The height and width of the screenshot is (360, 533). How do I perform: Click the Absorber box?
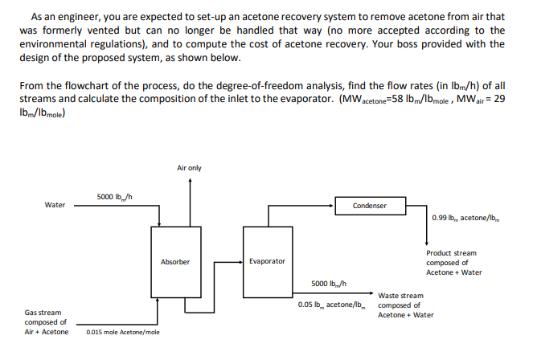[174, 262]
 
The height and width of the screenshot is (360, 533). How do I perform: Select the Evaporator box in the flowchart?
[267, 262]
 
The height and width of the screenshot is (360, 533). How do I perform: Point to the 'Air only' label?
[189, 167]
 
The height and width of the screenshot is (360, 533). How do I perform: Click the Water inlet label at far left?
[55, 205]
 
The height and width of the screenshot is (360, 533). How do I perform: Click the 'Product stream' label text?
[451, 253]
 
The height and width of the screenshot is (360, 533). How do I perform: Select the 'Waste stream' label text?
[400, 295]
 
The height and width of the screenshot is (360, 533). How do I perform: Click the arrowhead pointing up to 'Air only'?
[189, 181]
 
